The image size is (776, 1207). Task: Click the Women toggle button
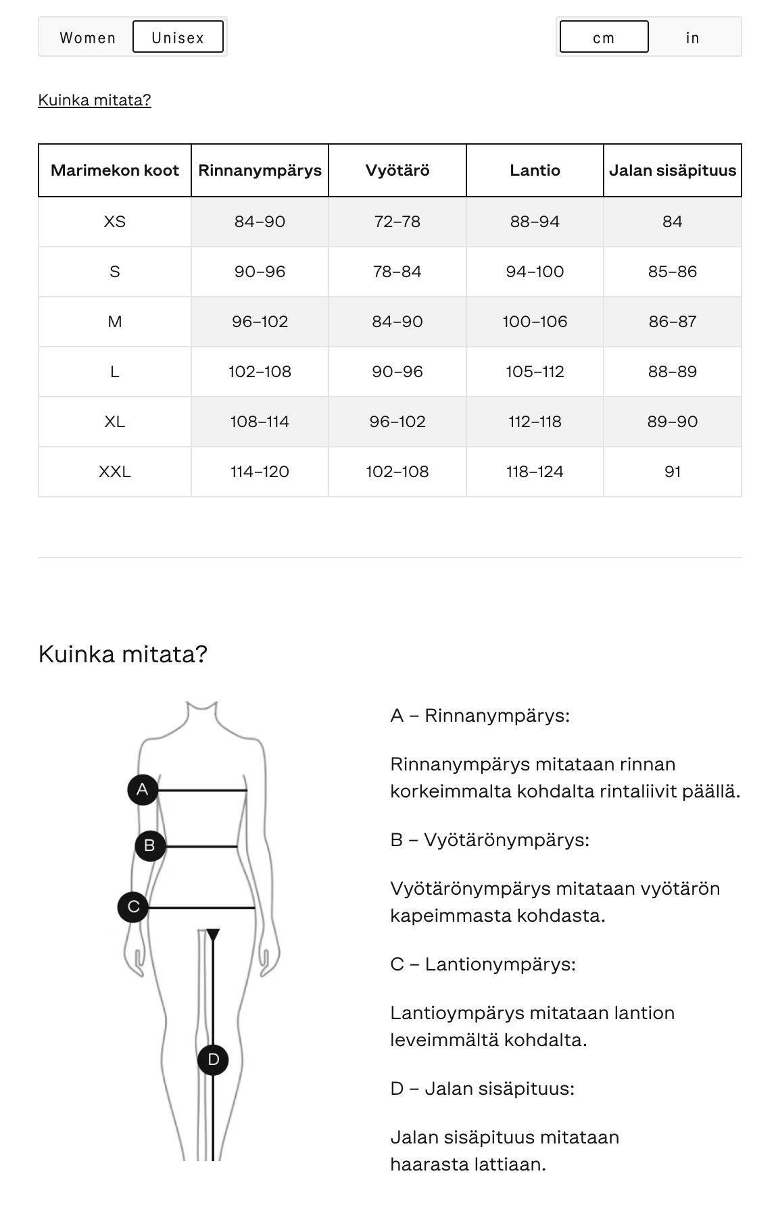tap(87, 37)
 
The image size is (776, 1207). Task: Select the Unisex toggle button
tap(178, 37)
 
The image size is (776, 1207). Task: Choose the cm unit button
tap(604, 37)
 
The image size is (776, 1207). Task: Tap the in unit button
tap(692, 37)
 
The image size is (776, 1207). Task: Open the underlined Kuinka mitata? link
tap(95, 100)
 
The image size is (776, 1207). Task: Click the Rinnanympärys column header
tap(260, 170)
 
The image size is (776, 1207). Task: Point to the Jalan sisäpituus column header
tap(672, 170)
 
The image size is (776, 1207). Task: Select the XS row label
tap(115, 222)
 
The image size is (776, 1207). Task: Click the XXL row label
tap(115, 472)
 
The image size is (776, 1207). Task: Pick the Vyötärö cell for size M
tap(397, 322)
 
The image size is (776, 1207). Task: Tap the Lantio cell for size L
tap(535, 372)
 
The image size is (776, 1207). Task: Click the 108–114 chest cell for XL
tap(260, 422)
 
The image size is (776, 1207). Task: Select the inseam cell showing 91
tap(672, 472)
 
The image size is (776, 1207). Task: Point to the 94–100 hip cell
tap(535, 272)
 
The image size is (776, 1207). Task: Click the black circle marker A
tap(142, 789)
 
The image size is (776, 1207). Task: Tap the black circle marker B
tap(149, 845)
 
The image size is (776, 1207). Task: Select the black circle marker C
tap(133, 906)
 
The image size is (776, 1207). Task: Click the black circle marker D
tap(213, 1060)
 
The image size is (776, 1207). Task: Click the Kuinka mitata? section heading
tap(122, 654)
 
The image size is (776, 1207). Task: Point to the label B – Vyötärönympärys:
tap(489, 840)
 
